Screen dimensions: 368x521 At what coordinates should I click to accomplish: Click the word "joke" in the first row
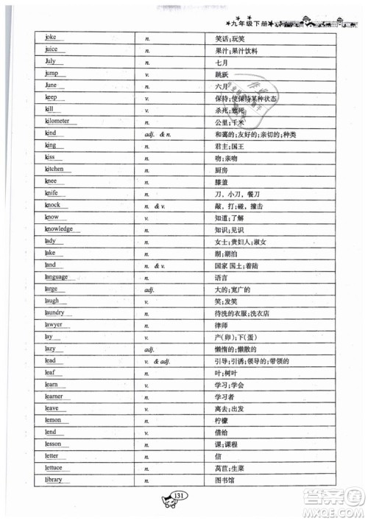coord(51,37)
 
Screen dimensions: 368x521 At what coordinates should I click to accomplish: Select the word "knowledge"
coord(59,228)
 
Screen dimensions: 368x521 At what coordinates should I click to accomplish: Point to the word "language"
coord(57,277)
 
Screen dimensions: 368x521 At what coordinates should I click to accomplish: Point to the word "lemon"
coord(54,420)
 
